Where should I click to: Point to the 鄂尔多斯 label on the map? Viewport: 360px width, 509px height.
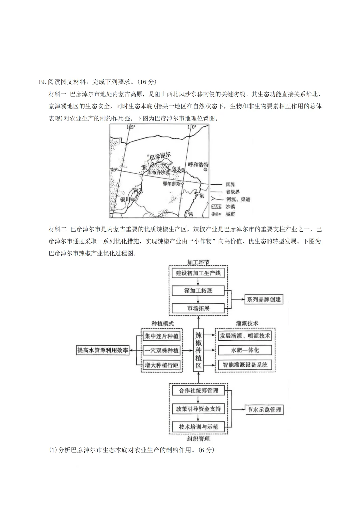click(172, 183)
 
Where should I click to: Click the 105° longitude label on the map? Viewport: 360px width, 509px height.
click(131, 127)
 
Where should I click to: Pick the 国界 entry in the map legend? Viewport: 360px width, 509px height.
click(230, 184)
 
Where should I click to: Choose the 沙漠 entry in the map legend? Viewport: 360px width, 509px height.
click(230, 207)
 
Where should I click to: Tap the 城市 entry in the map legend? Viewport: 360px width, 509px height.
click(230, 214)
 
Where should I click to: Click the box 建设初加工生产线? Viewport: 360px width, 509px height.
click(198, 273)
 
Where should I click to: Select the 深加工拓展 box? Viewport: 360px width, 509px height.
click(198, 290)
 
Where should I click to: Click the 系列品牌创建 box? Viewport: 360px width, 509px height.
click(263, 299)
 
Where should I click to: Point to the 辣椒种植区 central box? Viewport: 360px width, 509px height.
click(198, 350)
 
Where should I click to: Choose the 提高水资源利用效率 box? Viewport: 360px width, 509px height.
click(103, 350)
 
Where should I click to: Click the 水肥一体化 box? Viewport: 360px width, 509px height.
click(245, 350)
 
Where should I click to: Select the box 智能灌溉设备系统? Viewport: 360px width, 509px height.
click(245, 365)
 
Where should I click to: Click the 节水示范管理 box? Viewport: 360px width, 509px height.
click(264, 410)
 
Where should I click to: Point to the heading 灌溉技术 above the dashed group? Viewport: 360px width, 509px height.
click(247, 323)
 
